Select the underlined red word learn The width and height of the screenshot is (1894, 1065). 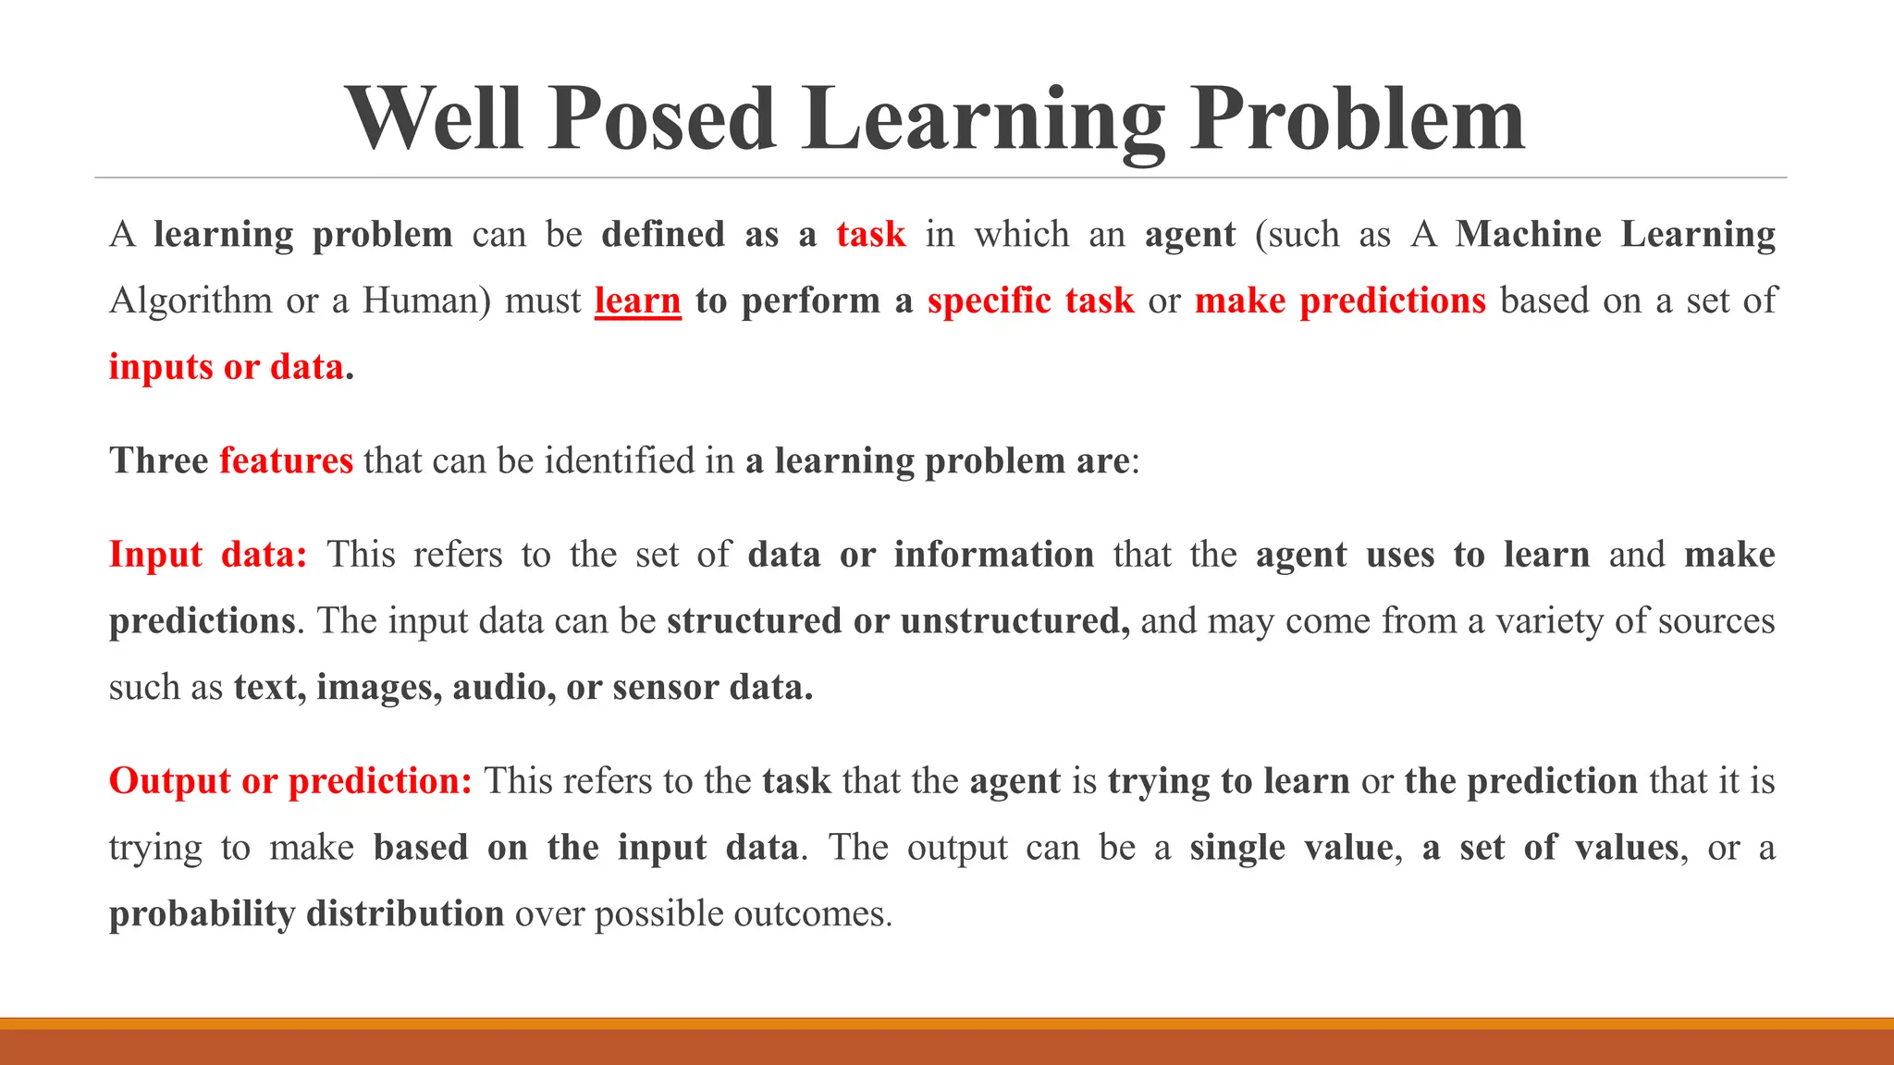tap(637, 301)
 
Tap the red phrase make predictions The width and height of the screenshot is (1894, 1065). tap(1340, 301)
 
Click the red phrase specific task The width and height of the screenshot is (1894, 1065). tap(1030, 301)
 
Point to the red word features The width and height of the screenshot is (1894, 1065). tap(286, 460)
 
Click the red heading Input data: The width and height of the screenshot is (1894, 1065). tap(208, 555)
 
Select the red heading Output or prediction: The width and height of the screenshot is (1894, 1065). tap(290, 781)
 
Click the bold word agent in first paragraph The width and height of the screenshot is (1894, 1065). tap(1189, 235)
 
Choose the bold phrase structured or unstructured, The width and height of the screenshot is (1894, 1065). tap(898, 621)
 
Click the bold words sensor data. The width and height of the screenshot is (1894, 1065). tap(712, 688)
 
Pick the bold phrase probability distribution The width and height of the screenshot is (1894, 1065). tap(306, 914)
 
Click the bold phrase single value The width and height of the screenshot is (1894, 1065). tap(1291, 848)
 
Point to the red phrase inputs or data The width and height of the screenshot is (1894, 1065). tap(227, 368)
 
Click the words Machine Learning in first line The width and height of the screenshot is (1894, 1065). tap(1615, 235)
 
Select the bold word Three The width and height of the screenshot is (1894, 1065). tap(158, 460)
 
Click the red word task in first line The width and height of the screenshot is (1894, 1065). tap(870, 235)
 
